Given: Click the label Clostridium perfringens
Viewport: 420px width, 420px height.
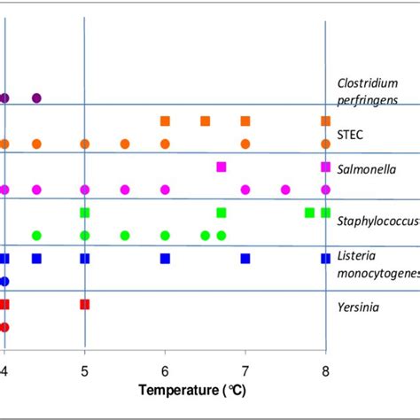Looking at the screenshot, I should tap(368, 92).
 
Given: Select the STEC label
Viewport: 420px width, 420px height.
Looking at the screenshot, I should tap(350, 135).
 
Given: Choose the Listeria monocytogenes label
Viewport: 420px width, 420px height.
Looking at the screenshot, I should tap(377, 265).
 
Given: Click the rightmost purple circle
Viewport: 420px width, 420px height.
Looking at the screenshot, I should tap(36, 97).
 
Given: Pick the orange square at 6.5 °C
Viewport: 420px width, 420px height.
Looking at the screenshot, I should tap(205, 121).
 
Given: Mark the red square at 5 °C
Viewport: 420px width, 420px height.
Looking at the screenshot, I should tap(85, 304).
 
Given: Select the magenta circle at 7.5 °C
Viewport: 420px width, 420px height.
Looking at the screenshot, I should tap(285, 190).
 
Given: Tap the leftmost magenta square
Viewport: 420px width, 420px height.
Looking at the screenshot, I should tap(222, 167).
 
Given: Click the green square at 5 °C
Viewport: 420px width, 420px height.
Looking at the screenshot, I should tap(85, 213).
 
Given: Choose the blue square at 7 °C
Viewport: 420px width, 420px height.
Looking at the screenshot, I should tap(245, 259).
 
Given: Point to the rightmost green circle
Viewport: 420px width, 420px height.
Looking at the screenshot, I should tap(222, 236).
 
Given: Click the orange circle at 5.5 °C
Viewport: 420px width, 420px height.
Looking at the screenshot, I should tap(125, 144).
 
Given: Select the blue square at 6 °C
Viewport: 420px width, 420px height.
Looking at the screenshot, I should tap(165, 259).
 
